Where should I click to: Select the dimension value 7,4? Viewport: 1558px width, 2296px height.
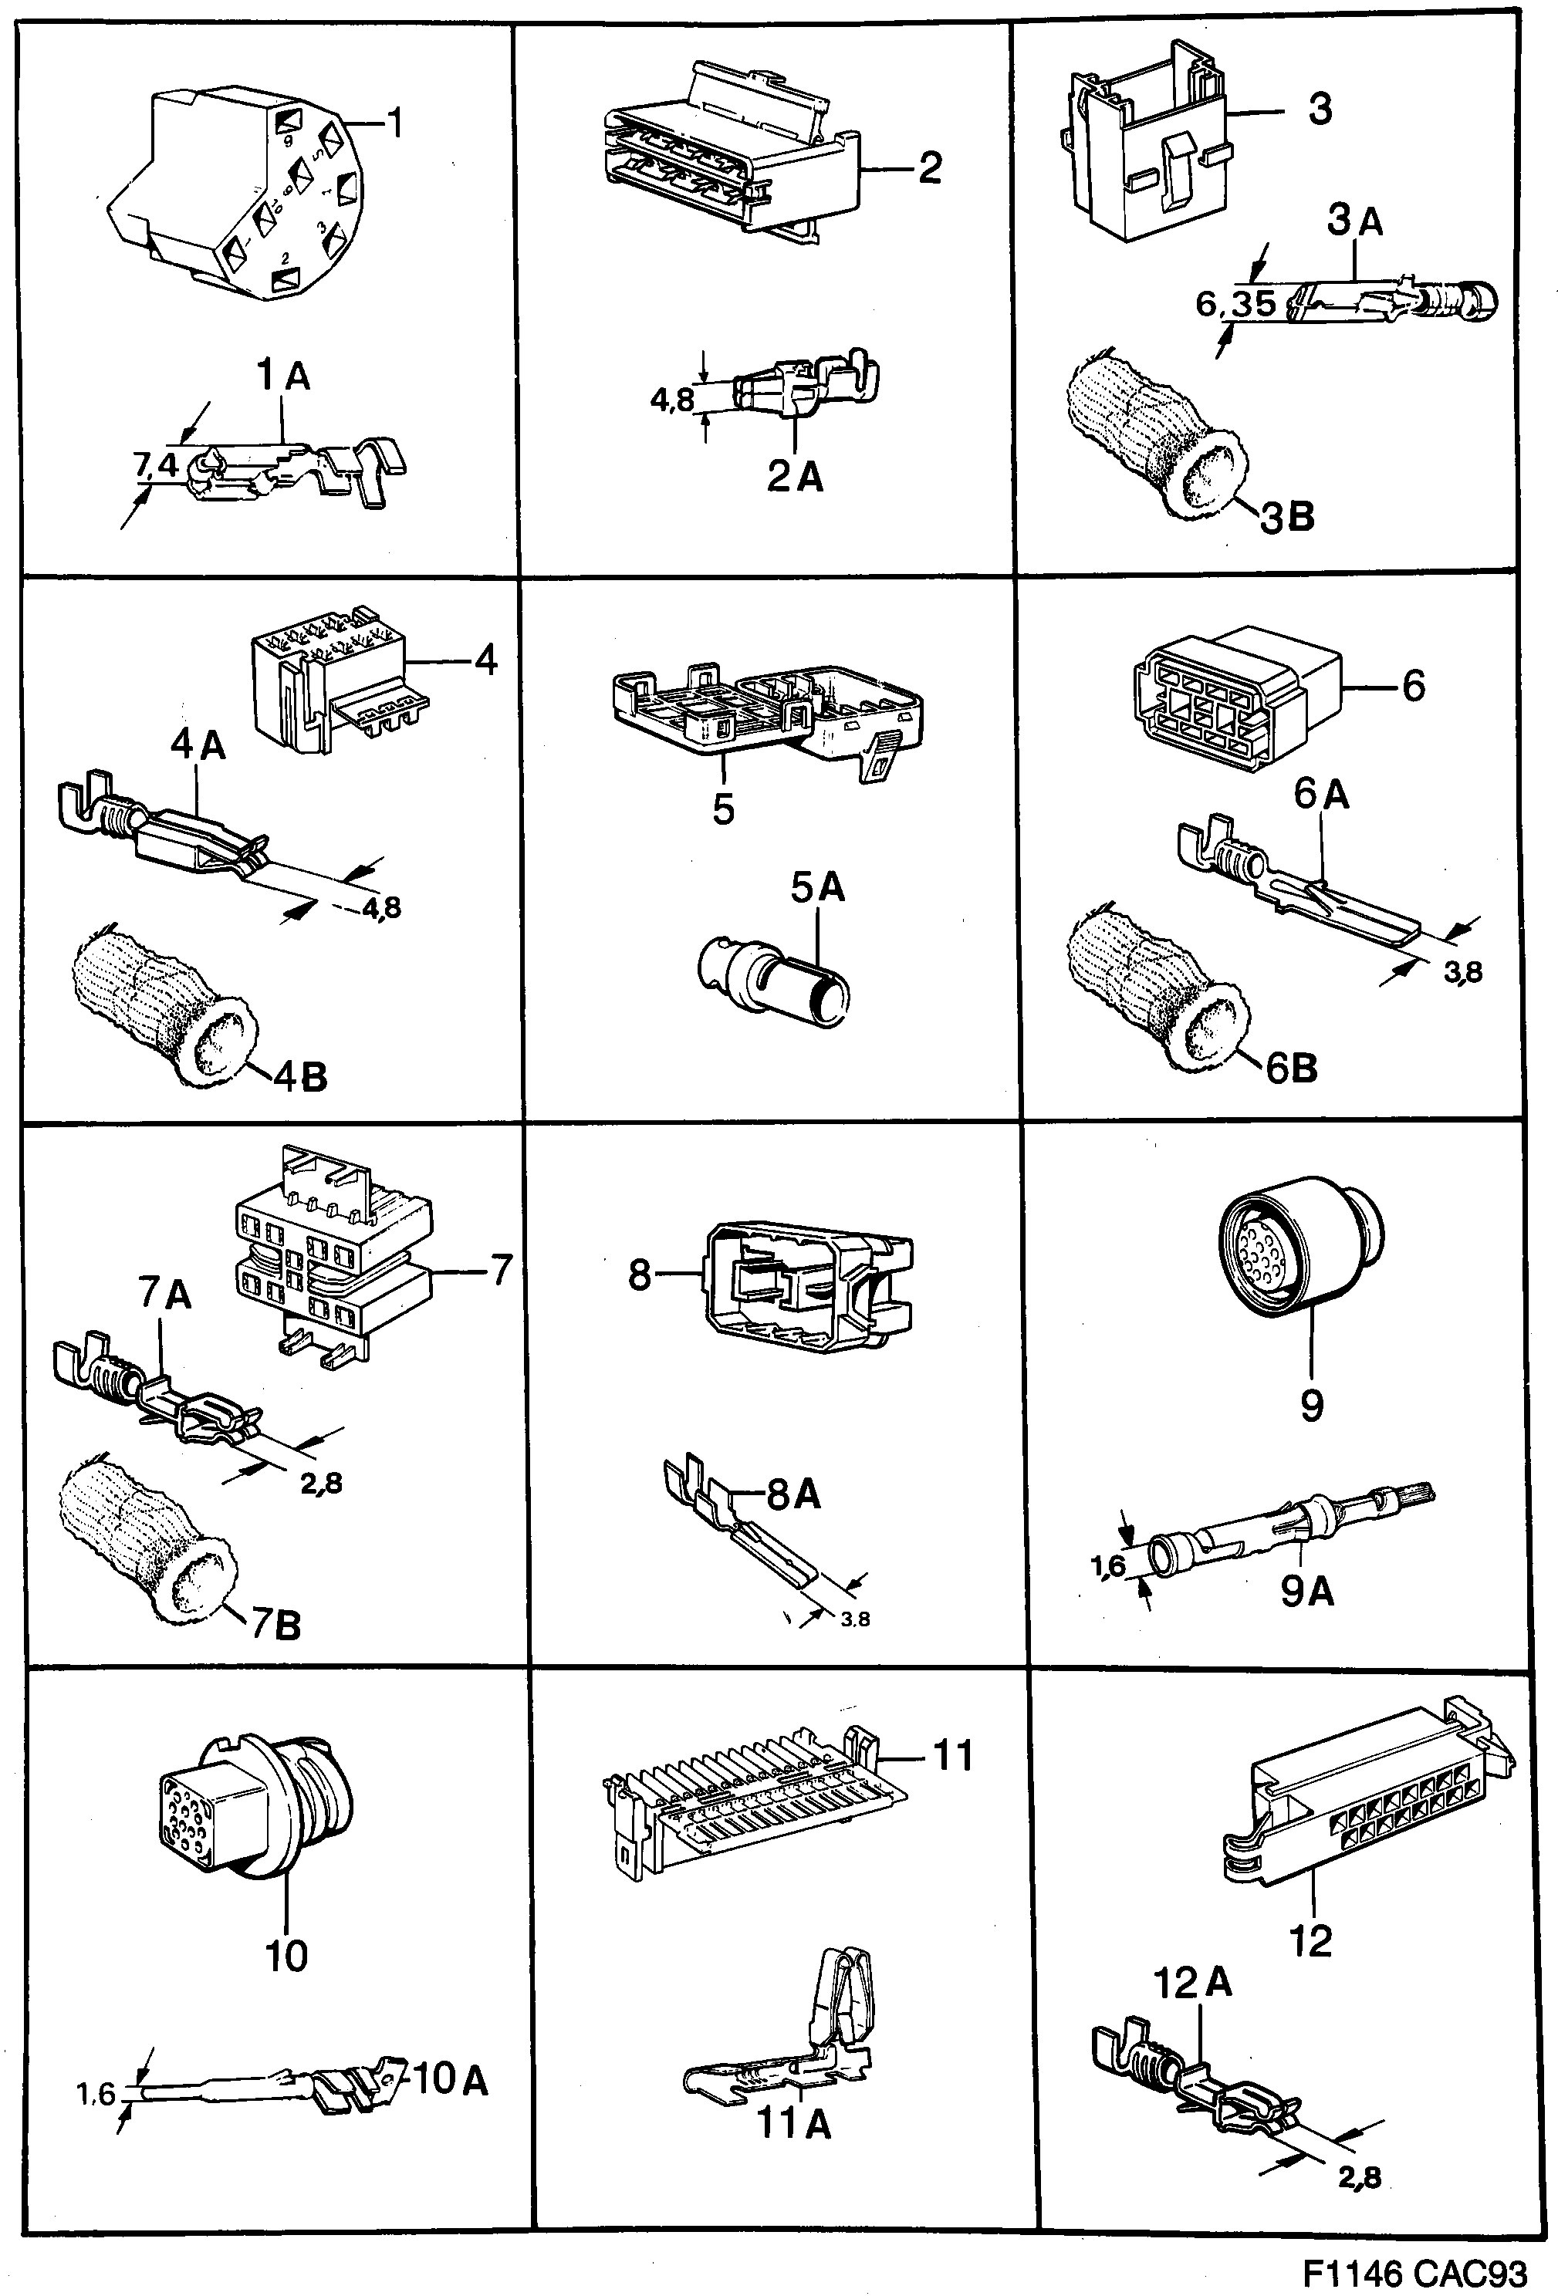tap(155, 464)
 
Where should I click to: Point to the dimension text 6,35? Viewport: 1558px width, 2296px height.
tap(1235, 303)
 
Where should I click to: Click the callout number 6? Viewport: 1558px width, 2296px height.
tap(1413, 684)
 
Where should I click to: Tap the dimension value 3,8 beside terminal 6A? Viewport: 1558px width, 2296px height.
tap(1462, 972)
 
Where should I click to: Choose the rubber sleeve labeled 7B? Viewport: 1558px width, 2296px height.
tap(148, 1541)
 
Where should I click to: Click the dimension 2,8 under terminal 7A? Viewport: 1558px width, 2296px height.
tap(322, 1483)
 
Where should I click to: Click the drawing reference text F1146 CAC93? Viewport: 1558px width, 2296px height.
tap(1414, 2272)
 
